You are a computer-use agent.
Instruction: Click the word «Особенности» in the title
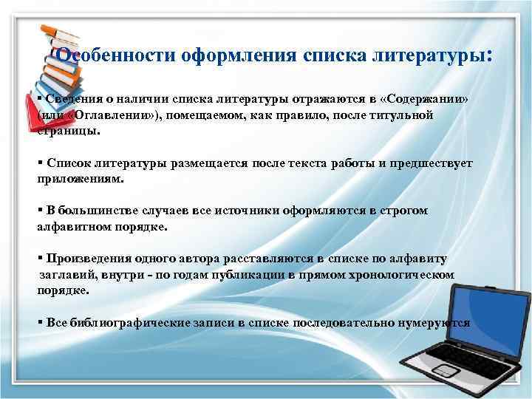click(x=106, y=56)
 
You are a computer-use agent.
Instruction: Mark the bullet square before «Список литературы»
click(x=39, y=163)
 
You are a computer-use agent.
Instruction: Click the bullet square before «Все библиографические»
click(x=39, y=322)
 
